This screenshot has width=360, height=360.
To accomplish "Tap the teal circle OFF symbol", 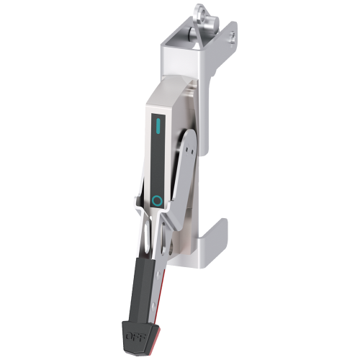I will coord(157,199).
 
